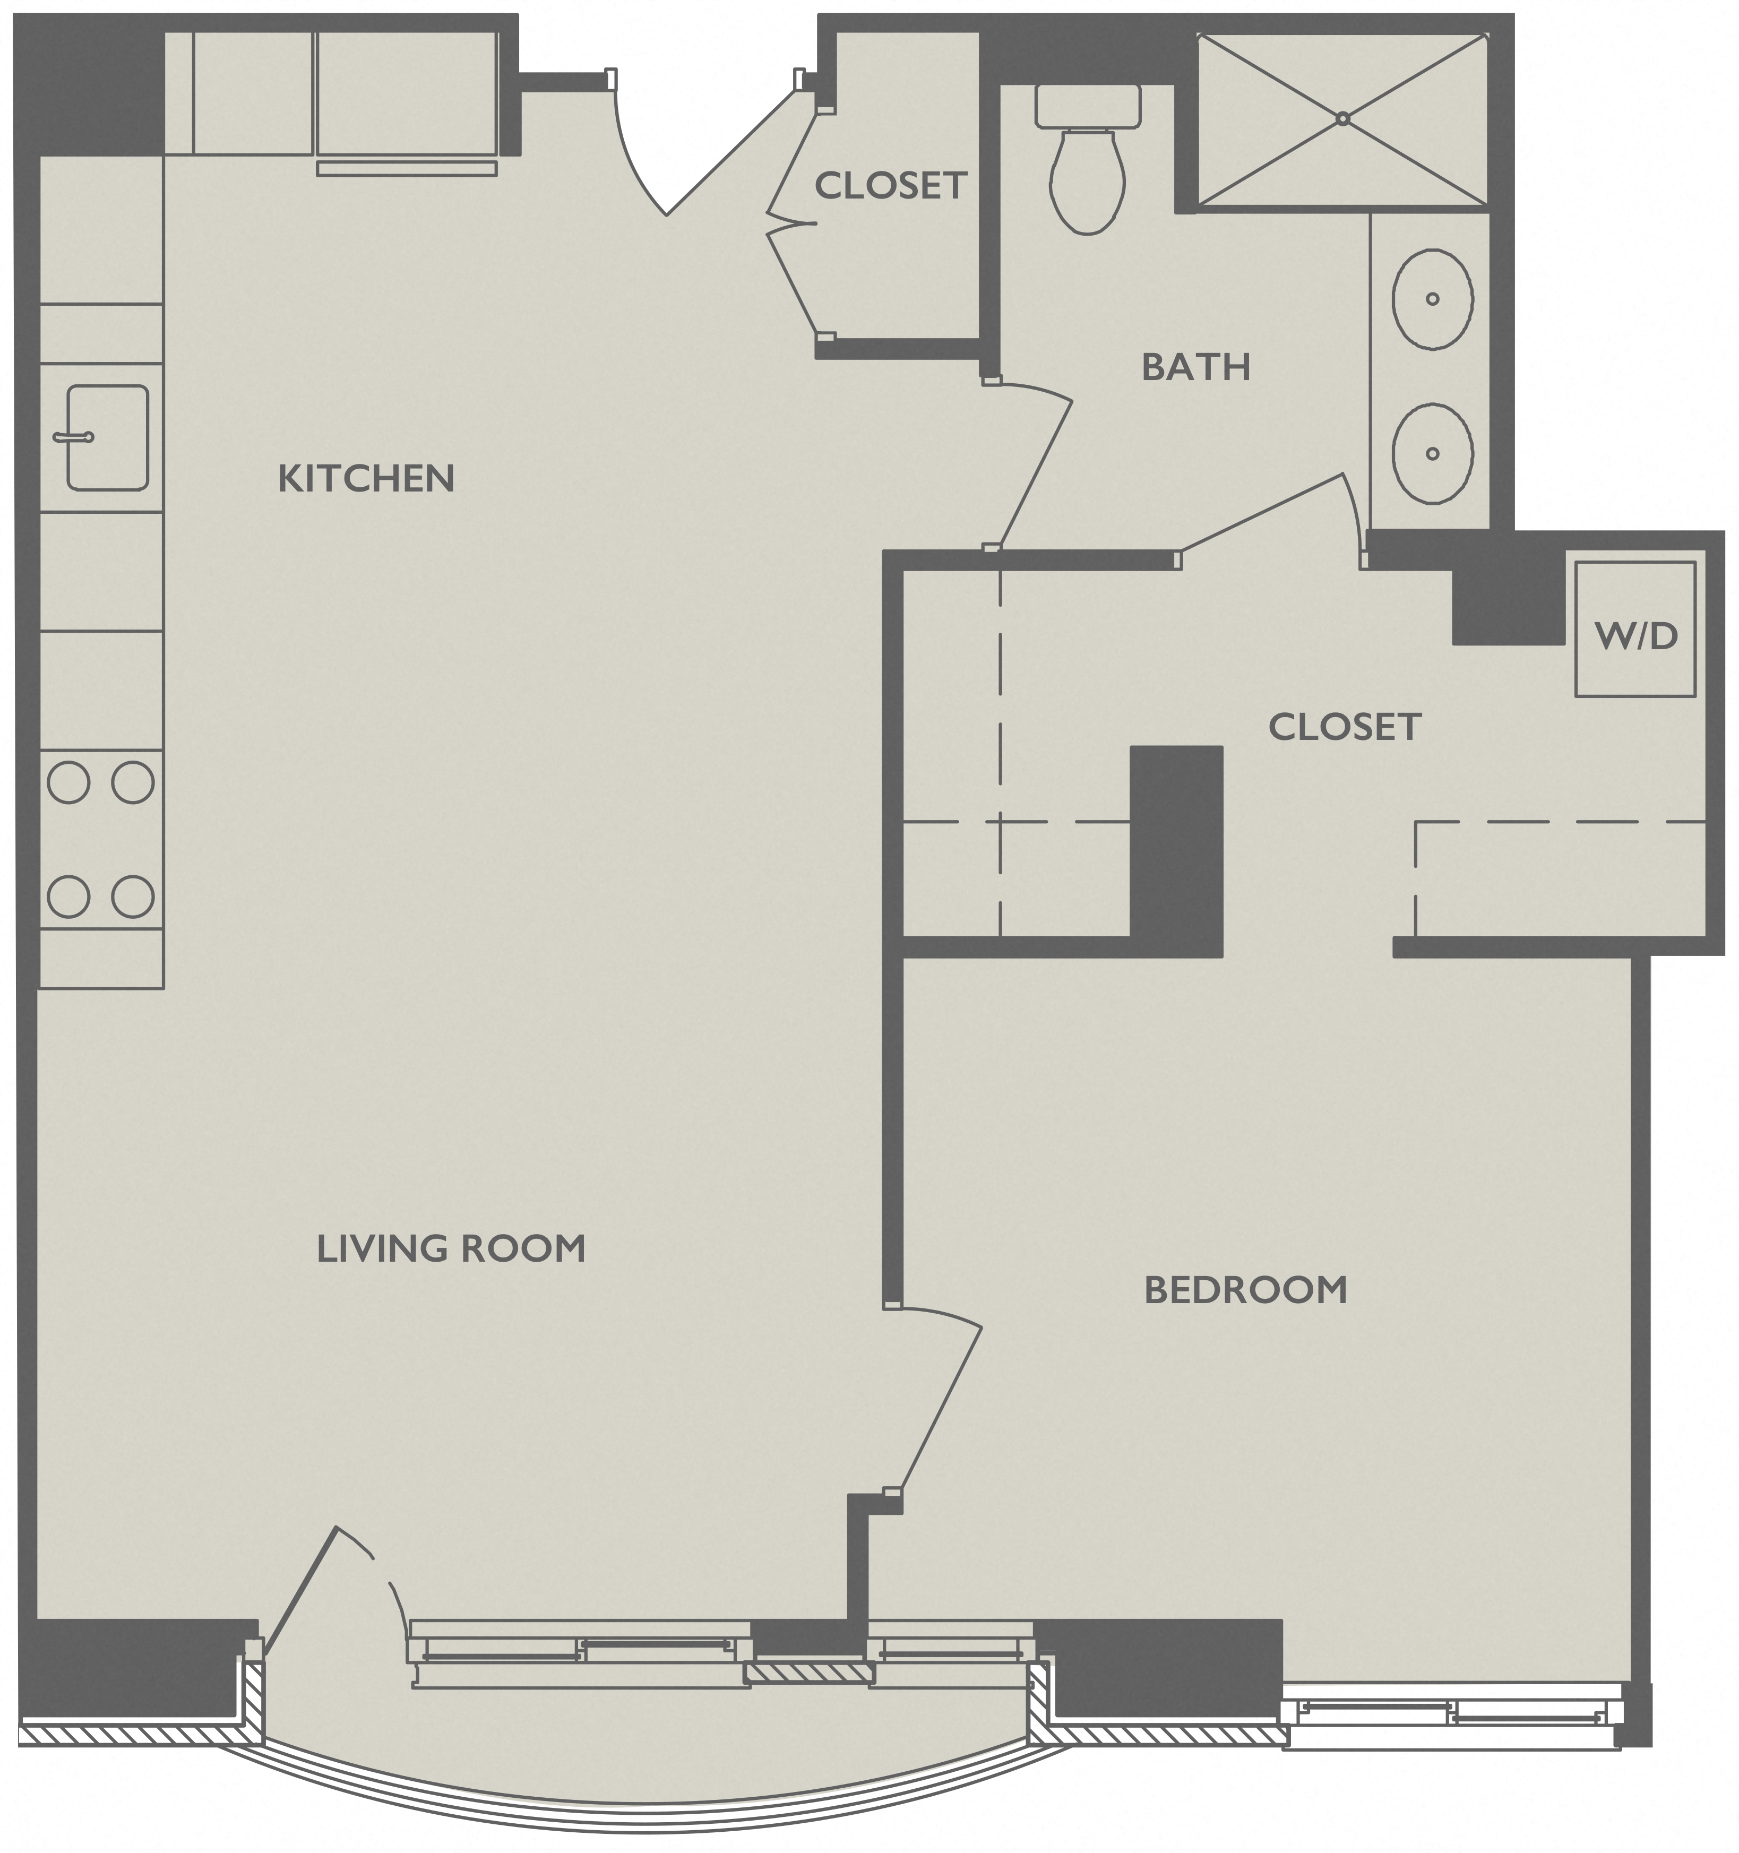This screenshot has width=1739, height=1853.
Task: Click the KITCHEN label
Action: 366,479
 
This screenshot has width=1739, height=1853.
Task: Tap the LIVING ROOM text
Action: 451,1249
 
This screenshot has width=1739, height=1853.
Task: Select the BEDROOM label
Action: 1245,1291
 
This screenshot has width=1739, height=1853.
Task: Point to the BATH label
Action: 1195,368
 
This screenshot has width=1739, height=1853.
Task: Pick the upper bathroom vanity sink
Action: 1432,299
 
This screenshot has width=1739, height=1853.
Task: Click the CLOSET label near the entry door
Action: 890,186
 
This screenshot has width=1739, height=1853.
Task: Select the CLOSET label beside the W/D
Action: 1344,727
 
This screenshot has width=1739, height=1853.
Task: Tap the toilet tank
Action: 1088,106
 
